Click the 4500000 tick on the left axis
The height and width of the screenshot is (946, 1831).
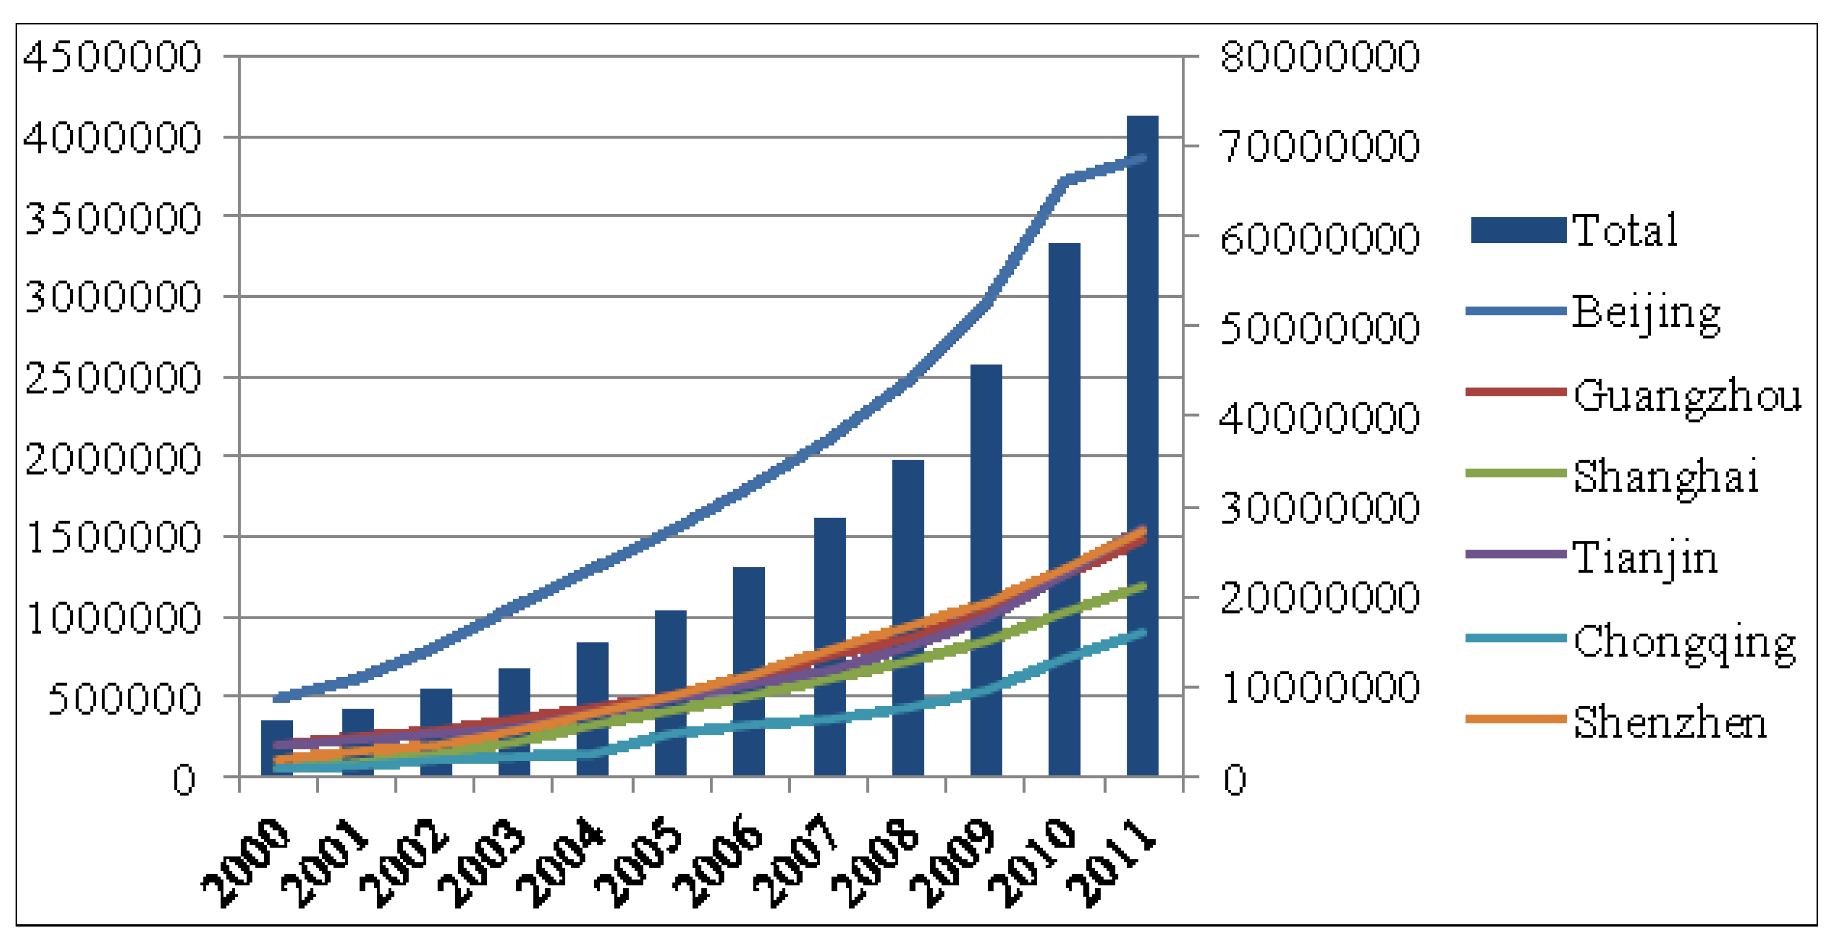[x=112, y=57]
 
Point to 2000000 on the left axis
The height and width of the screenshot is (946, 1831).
[x=112, y=459]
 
